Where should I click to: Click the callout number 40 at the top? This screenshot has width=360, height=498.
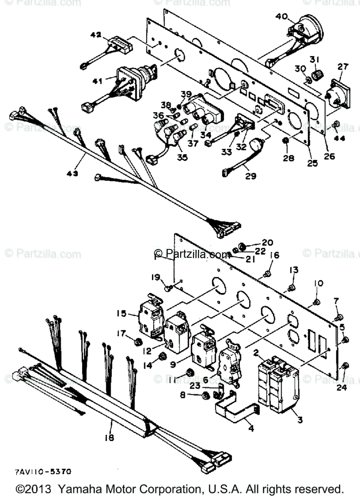tap(281, 17)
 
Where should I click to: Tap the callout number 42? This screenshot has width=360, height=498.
tap(96, 36)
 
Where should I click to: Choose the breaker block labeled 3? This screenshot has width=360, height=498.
tap(284, 388)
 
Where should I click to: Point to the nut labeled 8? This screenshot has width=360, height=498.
tap(205, 396)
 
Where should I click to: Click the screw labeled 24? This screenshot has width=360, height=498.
tap(345, 365)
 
